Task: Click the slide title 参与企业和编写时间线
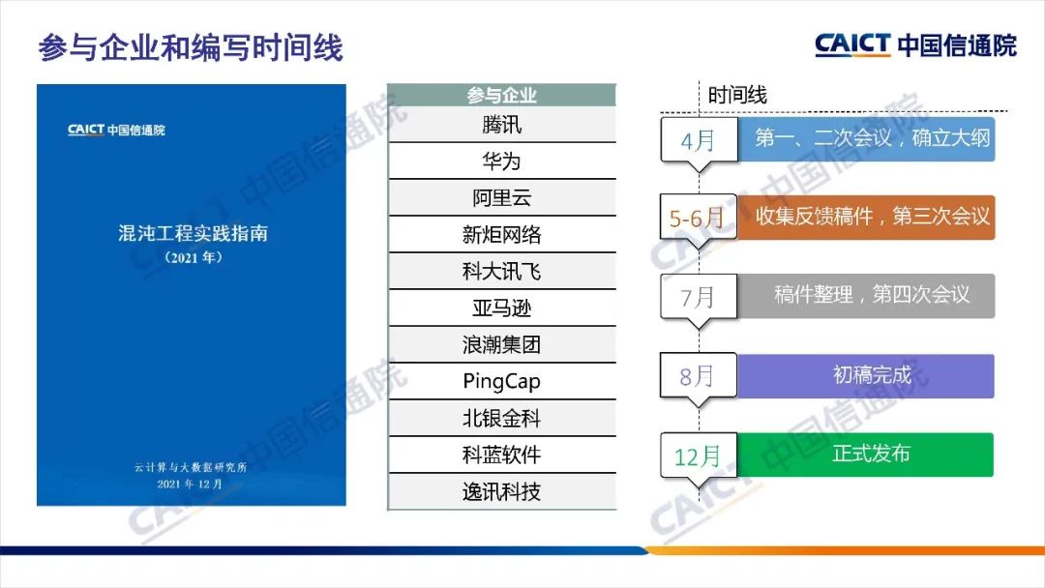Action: click(x=191, y=48)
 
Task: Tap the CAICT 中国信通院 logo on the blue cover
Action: click(x=116, y=130)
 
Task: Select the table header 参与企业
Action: click(x=501, y=95)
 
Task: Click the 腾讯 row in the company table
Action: click(x=501, y=125)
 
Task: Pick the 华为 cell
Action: click(x=501, y=162)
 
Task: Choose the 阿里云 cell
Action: click(x=501, y=198)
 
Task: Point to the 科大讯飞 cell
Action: click(x=501, y=271)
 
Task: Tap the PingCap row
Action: click(x=501, y=382)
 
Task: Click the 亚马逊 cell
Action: click(x=501, y=308)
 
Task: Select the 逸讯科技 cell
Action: click(x=501, y=492)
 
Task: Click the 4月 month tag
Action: click(x=699, y=140)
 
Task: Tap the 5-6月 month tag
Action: click(x=698, y=218)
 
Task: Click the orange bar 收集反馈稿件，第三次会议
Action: click(x=866, y=217)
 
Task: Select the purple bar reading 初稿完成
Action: click(x=866, y=376)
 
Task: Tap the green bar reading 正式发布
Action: click(x=865, y=455)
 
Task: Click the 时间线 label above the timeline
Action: click(x=737, y=95)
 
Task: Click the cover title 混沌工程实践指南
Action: click(x=193, y=234)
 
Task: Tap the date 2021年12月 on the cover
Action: click(x=190, y=485)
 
